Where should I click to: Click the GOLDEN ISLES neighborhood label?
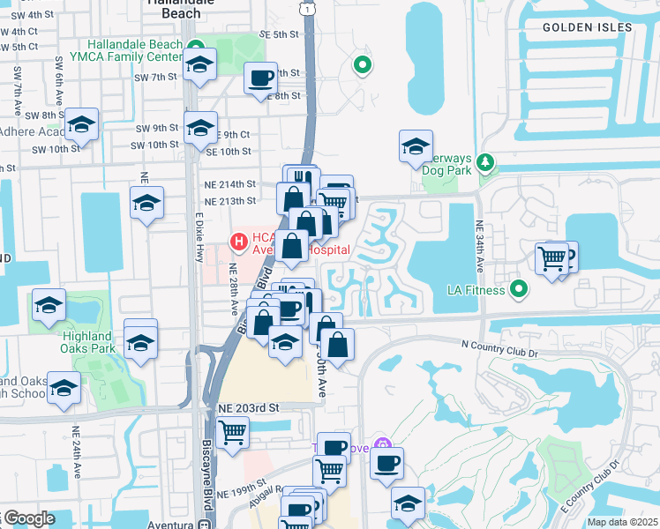[587, 27]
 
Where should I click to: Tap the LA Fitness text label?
[476, 289]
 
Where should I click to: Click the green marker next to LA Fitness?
[519, 288]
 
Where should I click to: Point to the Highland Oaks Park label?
[88, 342]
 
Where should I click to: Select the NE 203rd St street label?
[248, 408]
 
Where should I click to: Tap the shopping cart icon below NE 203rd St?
[232, 433]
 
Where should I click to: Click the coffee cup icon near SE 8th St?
[260, 78]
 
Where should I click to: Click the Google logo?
[28, 518]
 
